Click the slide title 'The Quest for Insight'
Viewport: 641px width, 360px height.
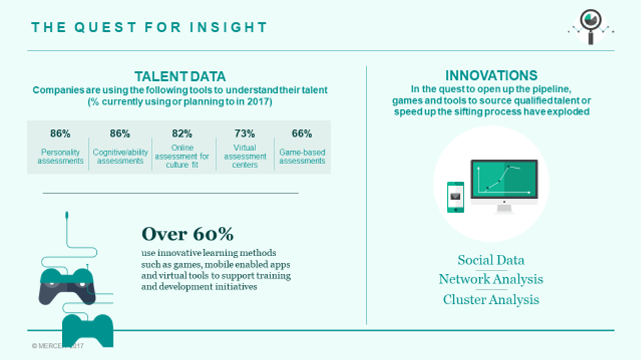149,27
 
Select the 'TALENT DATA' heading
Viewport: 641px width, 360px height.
180,77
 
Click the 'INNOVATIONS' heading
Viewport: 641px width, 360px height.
491,76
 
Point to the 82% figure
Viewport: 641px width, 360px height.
182,134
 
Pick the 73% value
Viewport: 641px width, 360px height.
244,134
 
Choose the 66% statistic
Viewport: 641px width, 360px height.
302,134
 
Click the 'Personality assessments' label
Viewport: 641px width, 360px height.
61,156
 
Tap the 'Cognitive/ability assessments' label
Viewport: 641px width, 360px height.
120,156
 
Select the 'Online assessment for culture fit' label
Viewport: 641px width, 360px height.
182,156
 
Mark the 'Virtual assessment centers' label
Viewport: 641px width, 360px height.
245,156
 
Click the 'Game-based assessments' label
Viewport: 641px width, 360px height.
302,156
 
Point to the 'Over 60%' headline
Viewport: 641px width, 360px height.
188,234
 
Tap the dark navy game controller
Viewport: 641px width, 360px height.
67,286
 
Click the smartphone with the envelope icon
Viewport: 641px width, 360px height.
455,197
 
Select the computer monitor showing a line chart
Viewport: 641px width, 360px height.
504,186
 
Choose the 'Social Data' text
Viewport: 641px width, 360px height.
491,260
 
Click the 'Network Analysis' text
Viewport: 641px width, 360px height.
491,279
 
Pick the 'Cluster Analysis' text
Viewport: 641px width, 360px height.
491,299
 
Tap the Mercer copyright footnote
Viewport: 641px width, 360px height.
57,346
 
